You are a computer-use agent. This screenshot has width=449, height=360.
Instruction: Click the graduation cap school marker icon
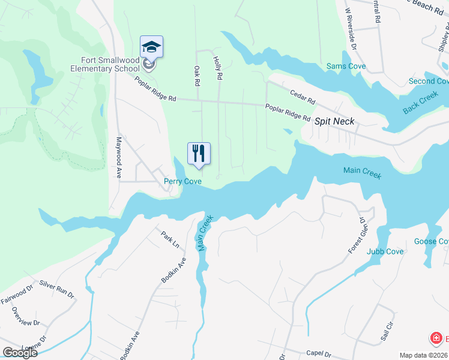click(x=152, y=47)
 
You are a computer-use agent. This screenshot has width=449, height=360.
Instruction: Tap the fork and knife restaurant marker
click(x=199, y=152)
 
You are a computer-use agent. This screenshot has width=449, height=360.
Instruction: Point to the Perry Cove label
click(x=183, y=181)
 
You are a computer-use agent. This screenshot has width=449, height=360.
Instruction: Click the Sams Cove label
click(x=346, y=66)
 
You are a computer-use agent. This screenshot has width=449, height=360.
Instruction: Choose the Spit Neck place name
click(x=334, y=121)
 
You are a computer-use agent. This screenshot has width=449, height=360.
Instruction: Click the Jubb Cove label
click(x=385, y=251)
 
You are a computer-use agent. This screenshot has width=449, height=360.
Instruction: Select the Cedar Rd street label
click(x=302, y=98)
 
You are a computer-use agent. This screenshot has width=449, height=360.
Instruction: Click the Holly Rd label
click(x=218, y=68)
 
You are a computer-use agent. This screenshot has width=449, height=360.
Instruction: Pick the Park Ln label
click(x=170, y=237)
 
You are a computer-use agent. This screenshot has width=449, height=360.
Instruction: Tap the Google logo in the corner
click(x=19, y=353)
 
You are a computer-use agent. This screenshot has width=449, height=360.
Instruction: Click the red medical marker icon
click(x=436, y=339)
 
